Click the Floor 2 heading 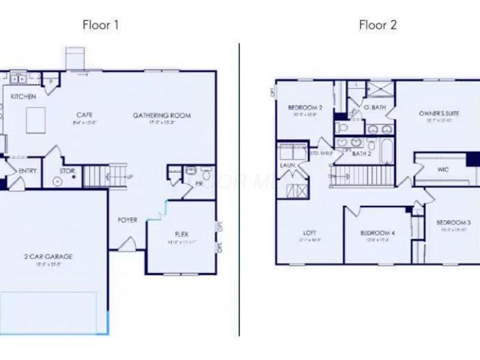378,25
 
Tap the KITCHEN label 23,97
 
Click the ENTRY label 28,171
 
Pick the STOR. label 67,171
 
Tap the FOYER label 127,220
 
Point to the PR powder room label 197,185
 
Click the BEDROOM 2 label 305,108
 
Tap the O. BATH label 375,107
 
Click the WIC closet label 443,170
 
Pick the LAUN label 285,164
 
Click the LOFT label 310,232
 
